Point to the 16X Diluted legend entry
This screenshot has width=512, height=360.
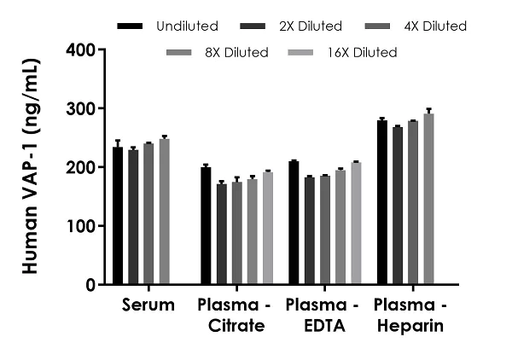pos(360,53)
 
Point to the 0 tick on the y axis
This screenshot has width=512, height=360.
pos(91,285)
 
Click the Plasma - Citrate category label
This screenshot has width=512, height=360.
pos(230,316)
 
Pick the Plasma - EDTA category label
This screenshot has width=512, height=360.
pos(318,316)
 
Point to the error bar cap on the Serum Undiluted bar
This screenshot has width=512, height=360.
pos(118,140)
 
